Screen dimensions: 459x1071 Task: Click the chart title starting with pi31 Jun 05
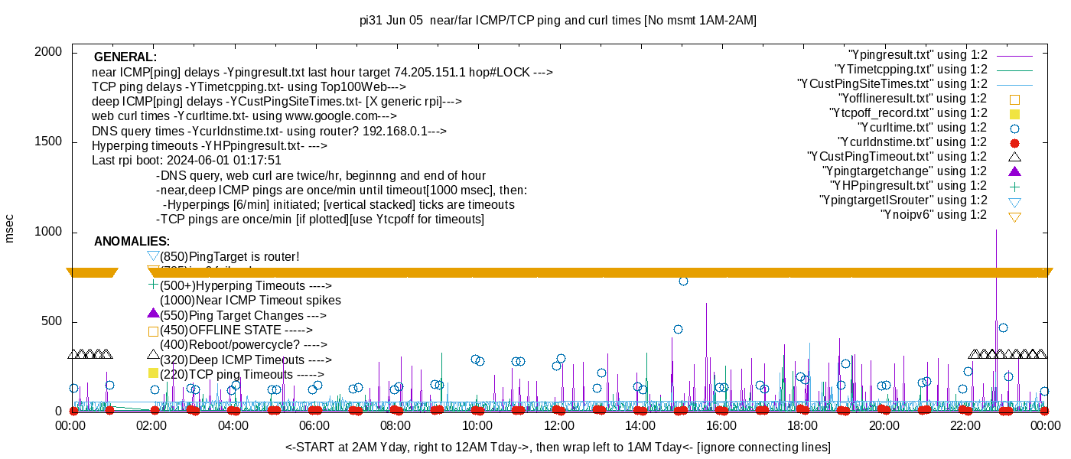(x=558, y=21)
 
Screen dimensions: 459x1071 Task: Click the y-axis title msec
(x=9, y=228)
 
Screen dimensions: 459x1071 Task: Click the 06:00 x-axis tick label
(x=314, y=425)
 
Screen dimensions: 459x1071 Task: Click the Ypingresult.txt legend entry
(x=918, y=55)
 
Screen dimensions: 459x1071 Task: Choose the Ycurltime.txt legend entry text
(x=922, y=128)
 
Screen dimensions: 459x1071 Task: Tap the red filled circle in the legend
(x=1015, y=143)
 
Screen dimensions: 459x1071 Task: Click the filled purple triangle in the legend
(x=1015, y=171)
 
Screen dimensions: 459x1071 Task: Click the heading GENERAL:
(x=125, y=57)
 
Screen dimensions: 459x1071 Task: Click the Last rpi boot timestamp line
(x=187, y=161)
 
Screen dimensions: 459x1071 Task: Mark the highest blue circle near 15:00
(x=683, y=282)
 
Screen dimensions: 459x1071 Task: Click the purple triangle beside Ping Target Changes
(x=153, y=313)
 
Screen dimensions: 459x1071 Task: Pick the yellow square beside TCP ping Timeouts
(x=153, y=373)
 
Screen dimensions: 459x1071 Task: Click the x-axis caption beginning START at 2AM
(x=558, y=447)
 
